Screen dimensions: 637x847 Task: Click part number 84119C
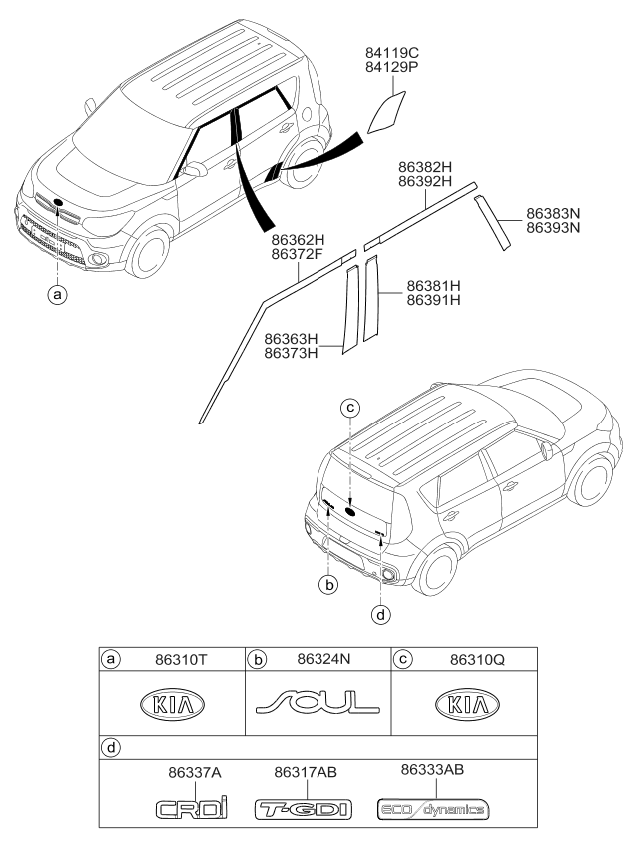point(392,53)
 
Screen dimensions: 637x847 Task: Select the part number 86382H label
point(425,167)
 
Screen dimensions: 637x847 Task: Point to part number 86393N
point(553,228)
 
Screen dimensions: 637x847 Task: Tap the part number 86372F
point(298,253)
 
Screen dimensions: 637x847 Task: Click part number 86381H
point(434,286)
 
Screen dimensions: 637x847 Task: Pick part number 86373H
point(291,354)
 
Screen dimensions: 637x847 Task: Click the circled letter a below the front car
point(57,295)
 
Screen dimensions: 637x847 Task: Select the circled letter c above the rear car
point(350,407)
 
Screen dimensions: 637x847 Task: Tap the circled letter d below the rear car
point(381,614)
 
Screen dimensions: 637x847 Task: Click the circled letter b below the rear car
point(328,584)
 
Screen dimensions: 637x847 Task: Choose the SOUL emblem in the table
point(318,702)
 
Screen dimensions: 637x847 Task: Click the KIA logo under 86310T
point(172,705)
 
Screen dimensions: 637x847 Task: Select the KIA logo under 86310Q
point(467,705)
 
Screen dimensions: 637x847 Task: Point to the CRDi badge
point(192,808)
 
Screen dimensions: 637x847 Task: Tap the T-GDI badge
point(304,810)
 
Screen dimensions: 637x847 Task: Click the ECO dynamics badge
point(433,809)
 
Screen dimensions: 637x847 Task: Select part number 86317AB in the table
point(306,772)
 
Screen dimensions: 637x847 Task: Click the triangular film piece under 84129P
point(386,112)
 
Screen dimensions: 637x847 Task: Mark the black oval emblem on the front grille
point(58,202)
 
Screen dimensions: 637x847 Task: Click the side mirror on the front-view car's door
point(196,169)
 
